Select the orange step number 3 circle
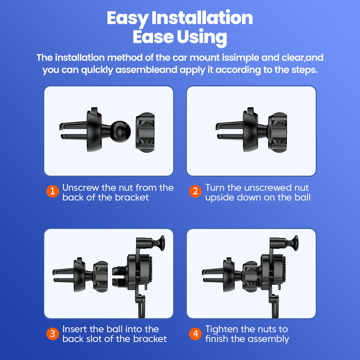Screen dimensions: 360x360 coord(53,334)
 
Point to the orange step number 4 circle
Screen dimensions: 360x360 coord(195,334)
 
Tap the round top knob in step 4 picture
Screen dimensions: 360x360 coord(293,244)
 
